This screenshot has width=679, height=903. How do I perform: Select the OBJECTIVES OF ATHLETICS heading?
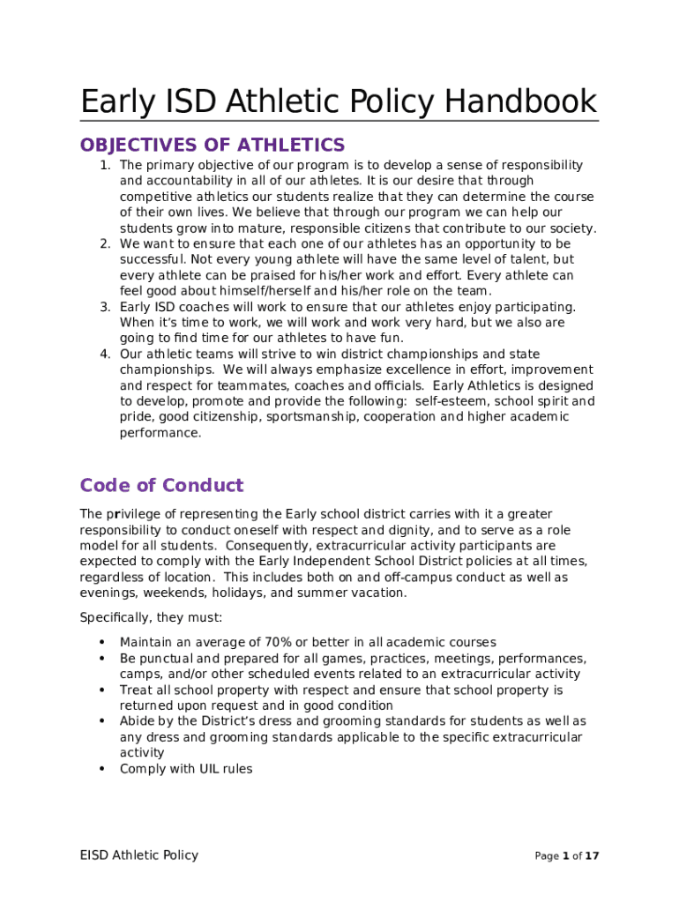click(x=213, y=145)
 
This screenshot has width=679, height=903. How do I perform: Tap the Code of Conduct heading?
click(x=161, y=485)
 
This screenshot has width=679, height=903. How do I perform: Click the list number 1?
click(x=103, y=165)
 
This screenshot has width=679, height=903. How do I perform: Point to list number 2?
click(x=103, y=243)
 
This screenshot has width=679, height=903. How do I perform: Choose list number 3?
click(x=103, y=307)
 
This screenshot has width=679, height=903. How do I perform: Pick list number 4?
click(x=103, y=354)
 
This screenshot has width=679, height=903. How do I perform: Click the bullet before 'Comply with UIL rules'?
click(x=103, y=769)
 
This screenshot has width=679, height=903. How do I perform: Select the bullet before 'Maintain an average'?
click(x=103, y=642)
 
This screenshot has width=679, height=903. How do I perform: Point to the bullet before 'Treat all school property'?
click(x=103, y=690)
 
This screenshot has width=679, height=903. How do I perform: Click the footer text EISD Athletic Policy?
click(x=139, y=854)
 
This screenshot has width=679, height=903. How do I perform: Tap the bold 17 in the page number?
click(x=593, y=855)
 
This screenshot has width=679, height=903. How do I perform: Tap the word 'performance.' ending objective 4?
click(x=160, y=433)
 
